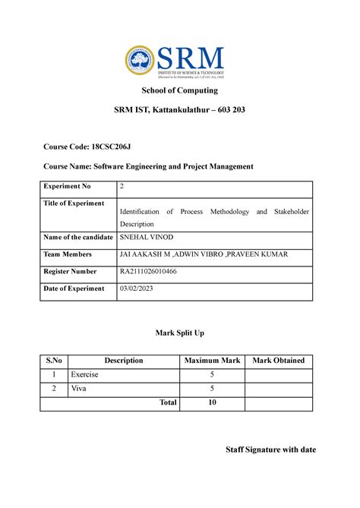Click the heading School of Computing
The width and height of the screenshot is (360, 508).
point(180,92)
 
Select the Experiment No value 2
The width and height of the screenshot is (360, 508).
point(122,186)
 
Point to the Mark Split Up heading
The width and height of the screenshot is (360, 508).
point(179,333)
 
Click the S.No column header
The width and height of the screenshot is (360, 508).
point(53,360)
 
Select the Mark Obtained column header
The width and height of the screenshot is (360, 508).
point(278,360)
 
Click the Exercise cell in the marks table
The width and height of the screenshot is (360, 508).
point(84,375)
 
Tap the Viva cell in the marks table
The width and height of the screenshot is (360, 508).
point(78,389)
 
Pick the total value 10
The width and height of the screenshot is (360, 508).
point(212,402)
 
